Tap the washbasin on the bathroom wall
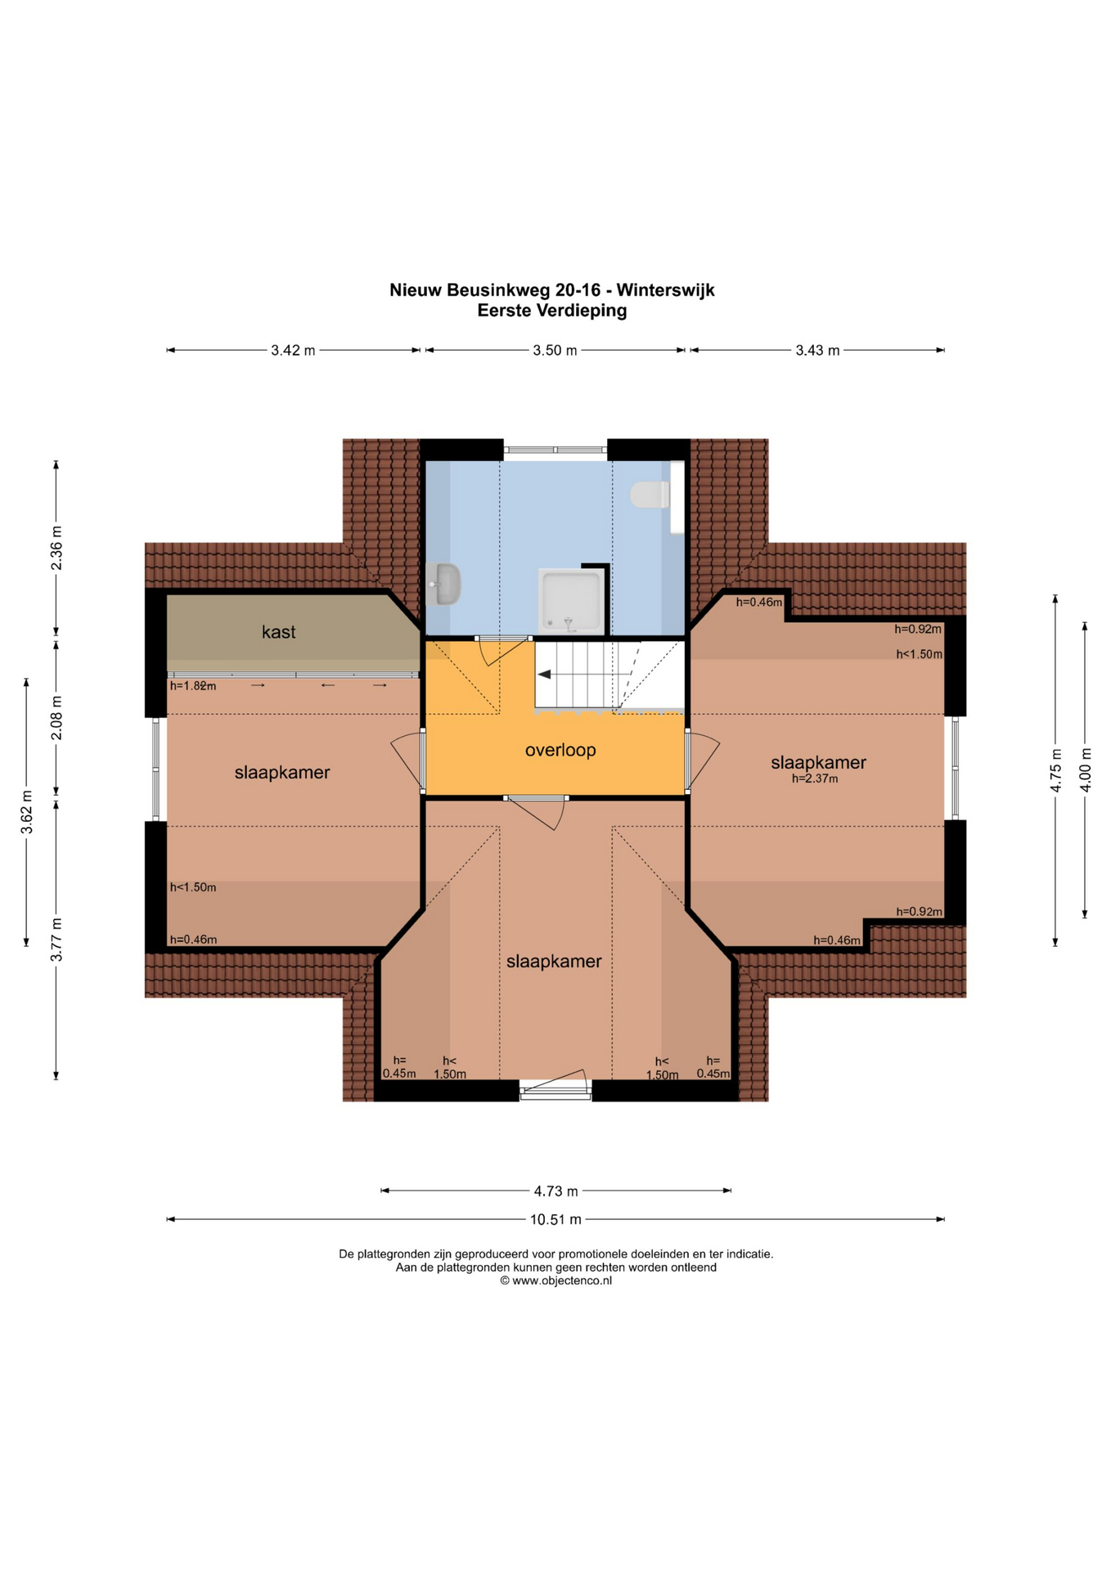[443, 584]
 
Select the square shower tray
[572, 601]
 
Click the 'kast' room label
[278, 632]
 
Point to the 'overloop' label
[560, 750]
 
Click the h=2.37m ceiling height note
[815, 779]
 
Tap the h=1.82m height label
[193, 686]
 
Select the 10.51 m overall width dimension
[555, 1219]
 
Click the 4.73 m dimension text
[556, 1191]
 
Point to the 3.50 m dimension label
[555, 351]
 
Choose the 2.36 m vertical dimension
[56, 549]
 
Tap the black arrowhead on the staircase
[543, 675]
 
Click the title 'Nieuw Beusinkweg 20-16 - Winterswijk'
[552, 290]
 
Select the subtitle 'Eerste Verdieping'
[552, 311]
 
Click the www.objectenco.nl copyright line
[556, 1281]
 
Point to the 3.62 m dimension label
[27, 813]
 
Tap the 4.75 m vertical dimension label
[1056, 770]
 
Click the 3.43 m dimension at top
[817, 351]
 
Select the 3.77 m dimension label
[56, 940]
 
